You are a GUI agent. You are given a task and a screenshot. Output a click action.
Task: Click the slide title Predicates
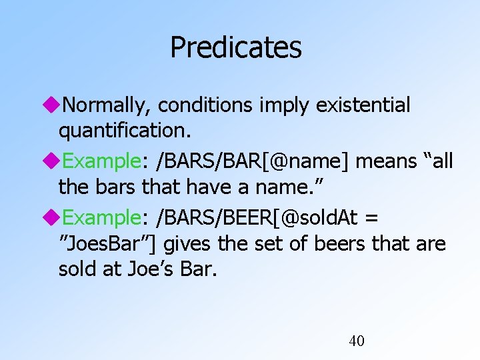tap(235, 47)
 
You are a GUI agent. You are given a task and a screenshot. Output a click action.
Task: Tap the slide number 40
tap(357, 341)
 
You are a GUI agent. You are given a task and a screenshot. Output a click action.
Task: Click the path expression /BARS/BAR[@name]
tap(260, 161)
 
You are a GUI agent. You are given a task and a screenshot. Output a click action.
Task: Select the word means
tap(384, 161)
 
